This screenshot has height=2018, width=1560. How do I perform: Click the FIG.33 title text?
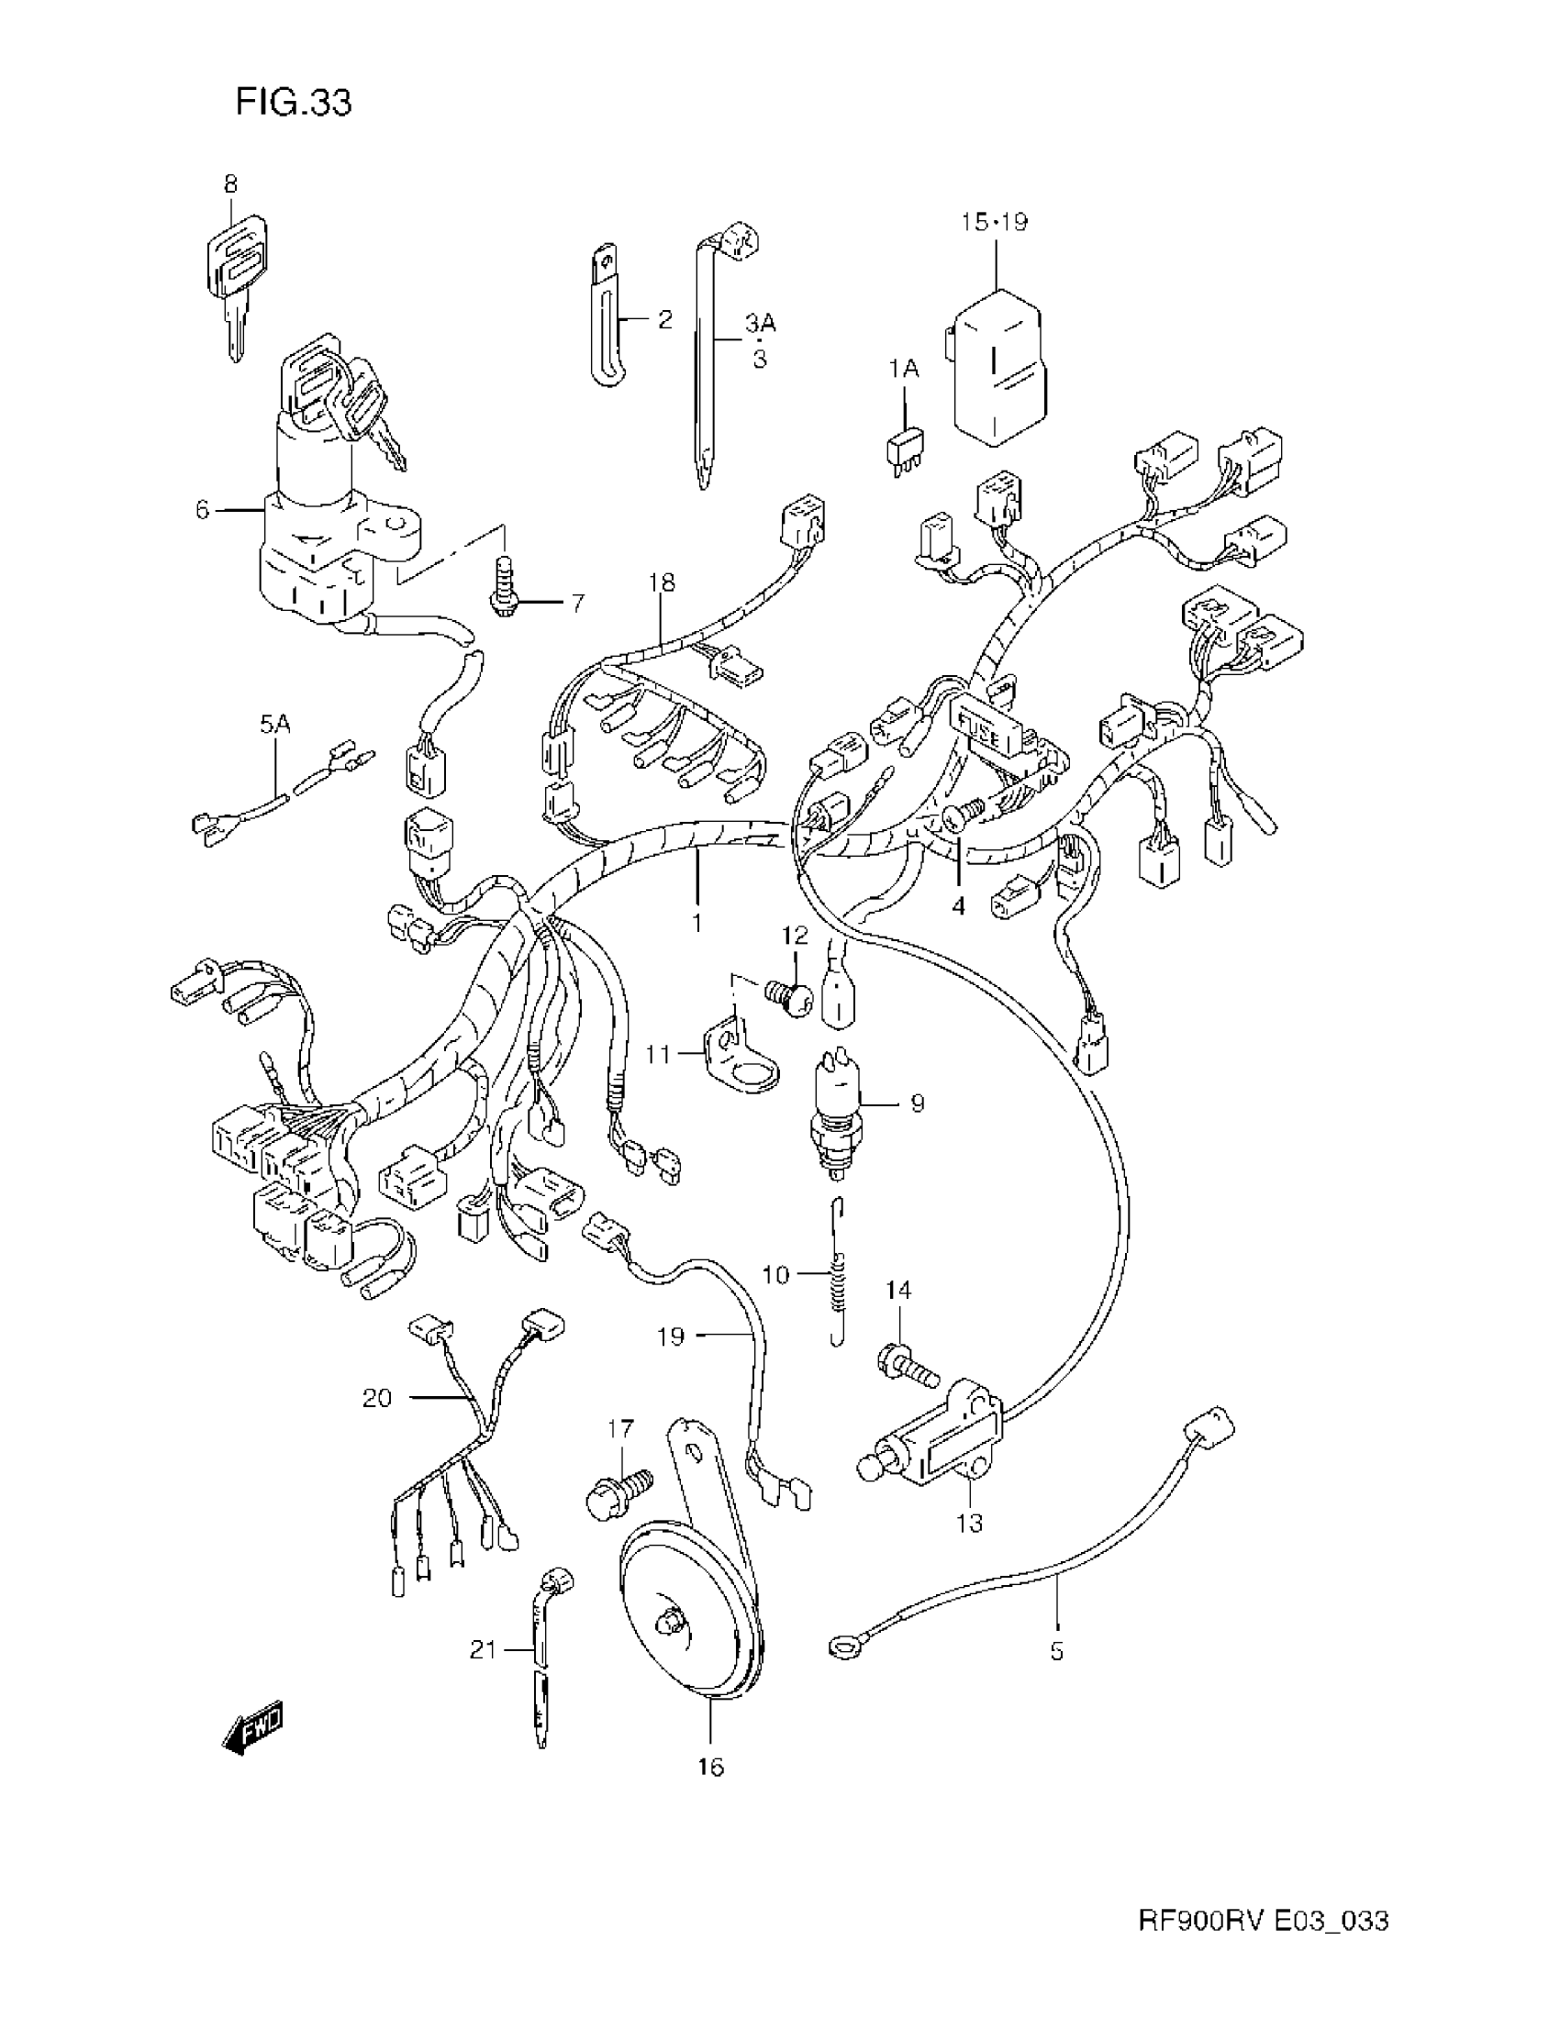coord(294,102)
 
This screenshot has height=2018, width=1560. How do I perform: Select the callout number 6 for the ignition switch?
coord(203,509)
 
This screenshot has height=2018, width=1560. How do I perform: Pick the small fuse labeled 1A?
coord(907,452)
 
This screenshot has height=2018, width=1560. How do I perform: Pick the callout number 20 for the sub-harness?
coord(377,1398)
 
